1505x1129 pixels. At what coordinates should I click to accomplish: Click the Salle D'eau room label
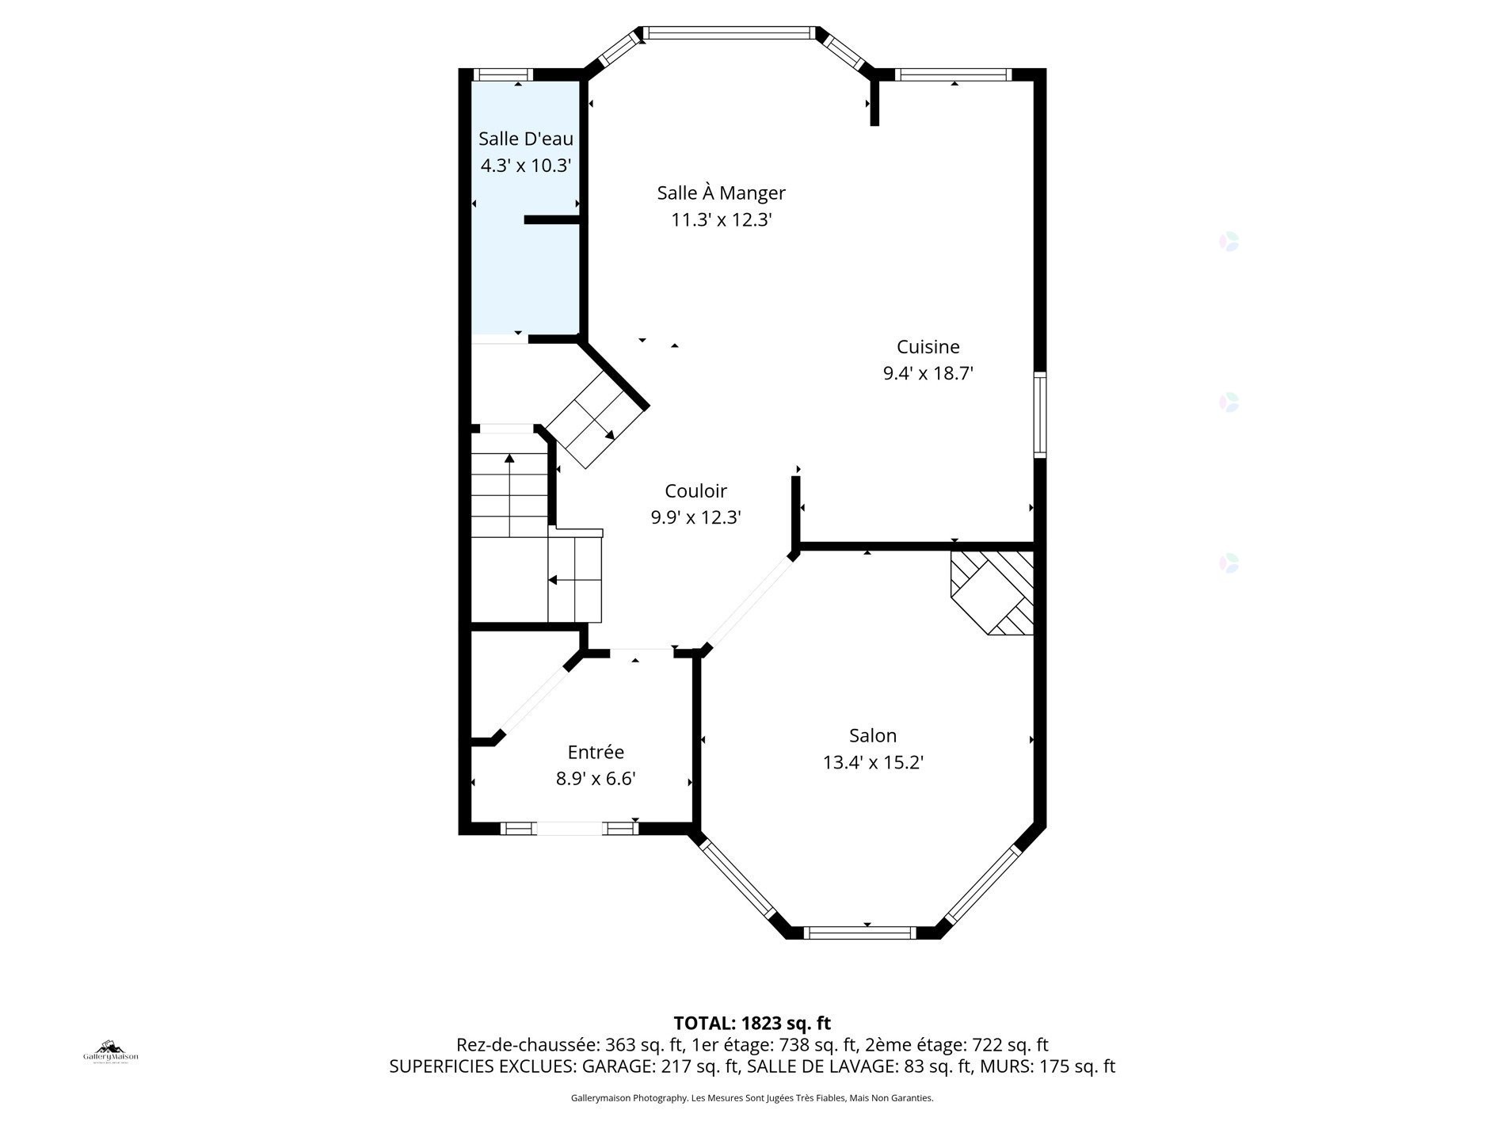point(525,139)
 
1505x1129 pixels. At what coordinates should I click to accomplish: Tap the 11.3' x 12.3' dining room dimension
point(721,220)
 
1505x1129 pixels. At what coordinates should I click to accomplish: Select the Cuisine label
point(928,346)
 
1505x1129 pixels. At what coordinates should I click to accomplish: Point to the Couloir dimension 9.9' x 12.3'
point(695,517)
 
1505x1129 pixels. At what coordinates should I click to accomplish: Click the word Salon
point(872,735)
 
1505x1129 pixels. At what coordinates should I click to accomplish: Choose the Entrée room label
point(596,752)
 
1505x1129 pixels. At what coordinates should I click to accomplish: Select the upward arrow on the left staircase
point(509,458)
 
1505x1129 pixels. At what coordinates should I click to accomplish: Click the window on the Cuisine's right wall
point(1040,414)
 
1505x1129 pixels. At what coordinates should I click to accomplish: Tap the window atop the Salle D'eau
point(503,74)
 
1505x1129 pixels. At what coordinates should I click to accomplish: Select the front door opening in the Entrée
point(570,829)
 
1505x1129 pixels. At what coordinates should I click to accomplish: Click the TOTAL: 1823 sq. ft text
point(752,1023)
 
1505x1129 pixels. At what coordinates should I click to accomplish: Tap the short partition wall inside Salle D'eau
point(553,220)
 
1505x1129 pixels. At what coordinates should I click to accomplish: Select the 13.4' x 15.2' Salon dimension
point(873,762)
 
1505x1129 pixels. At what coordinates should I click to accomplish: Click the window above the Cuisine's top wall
point(953,74)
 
